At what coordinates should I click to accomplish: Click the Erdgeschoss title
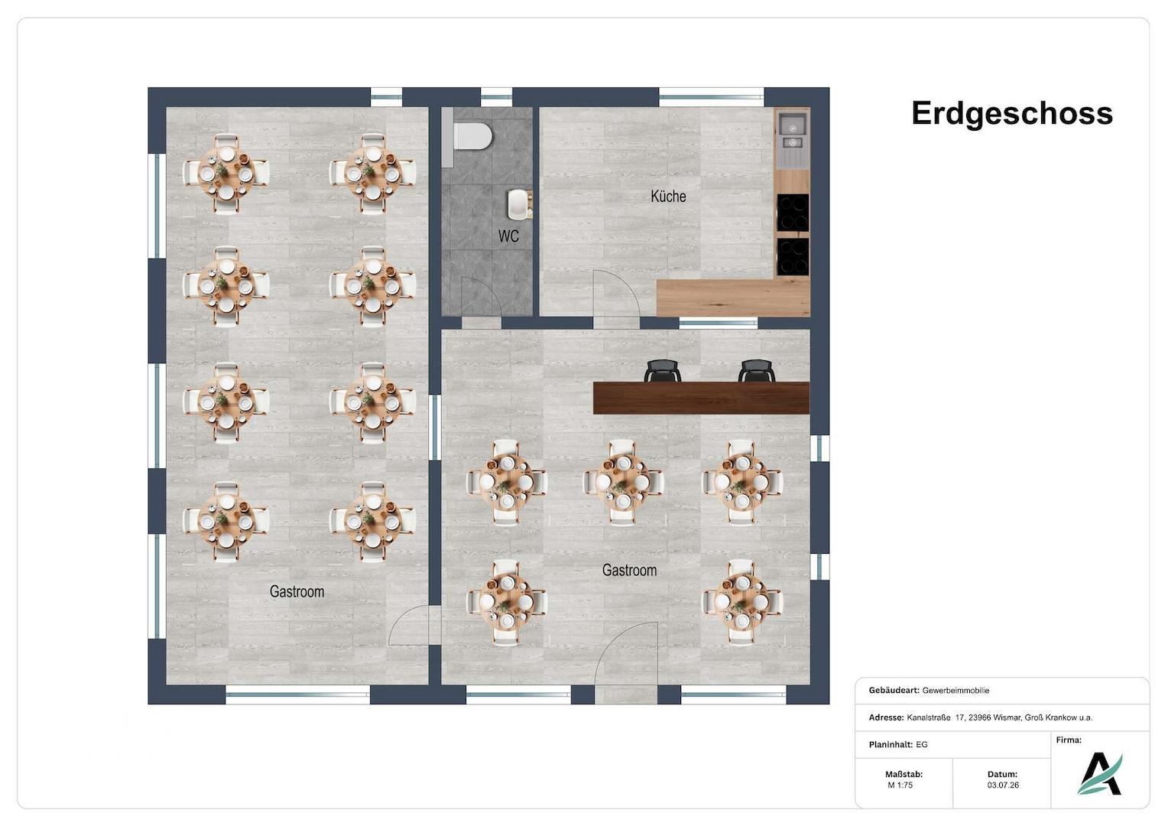[x=1011, y=114]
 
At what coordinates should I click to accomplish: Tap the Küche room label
[x=668, y=197]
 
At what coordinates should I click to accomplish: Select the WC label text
[x=508, y=236]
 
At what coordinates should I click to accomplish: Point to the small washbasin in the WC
[x=519, y=204]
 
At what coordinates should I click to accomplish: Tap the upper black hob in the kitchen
[x=793, y=213]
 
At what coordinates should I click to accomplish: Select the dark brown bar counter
[x=701, y=398]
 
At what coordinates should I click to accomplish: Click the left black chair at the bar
[x=662, y=370]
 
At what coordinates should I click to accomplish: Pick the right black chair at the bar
[x=756, y=370]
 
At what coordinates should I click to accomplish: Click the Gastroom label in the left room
[x=297, y=591]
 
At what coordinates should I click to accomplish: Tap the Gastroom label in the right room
[x=629, y=570]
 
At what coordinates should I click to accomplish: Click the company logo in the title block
[x=1099, y=774]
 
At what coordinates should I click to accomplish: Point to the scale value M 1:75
[x=900, y=785]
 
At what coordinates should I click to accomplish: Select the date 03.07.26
[x=1003, y=785]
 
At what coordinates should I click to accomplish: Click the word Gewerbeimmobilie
[x=955, y=691]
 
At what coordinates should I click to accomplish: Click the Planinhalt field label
[x=891, y=745]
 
